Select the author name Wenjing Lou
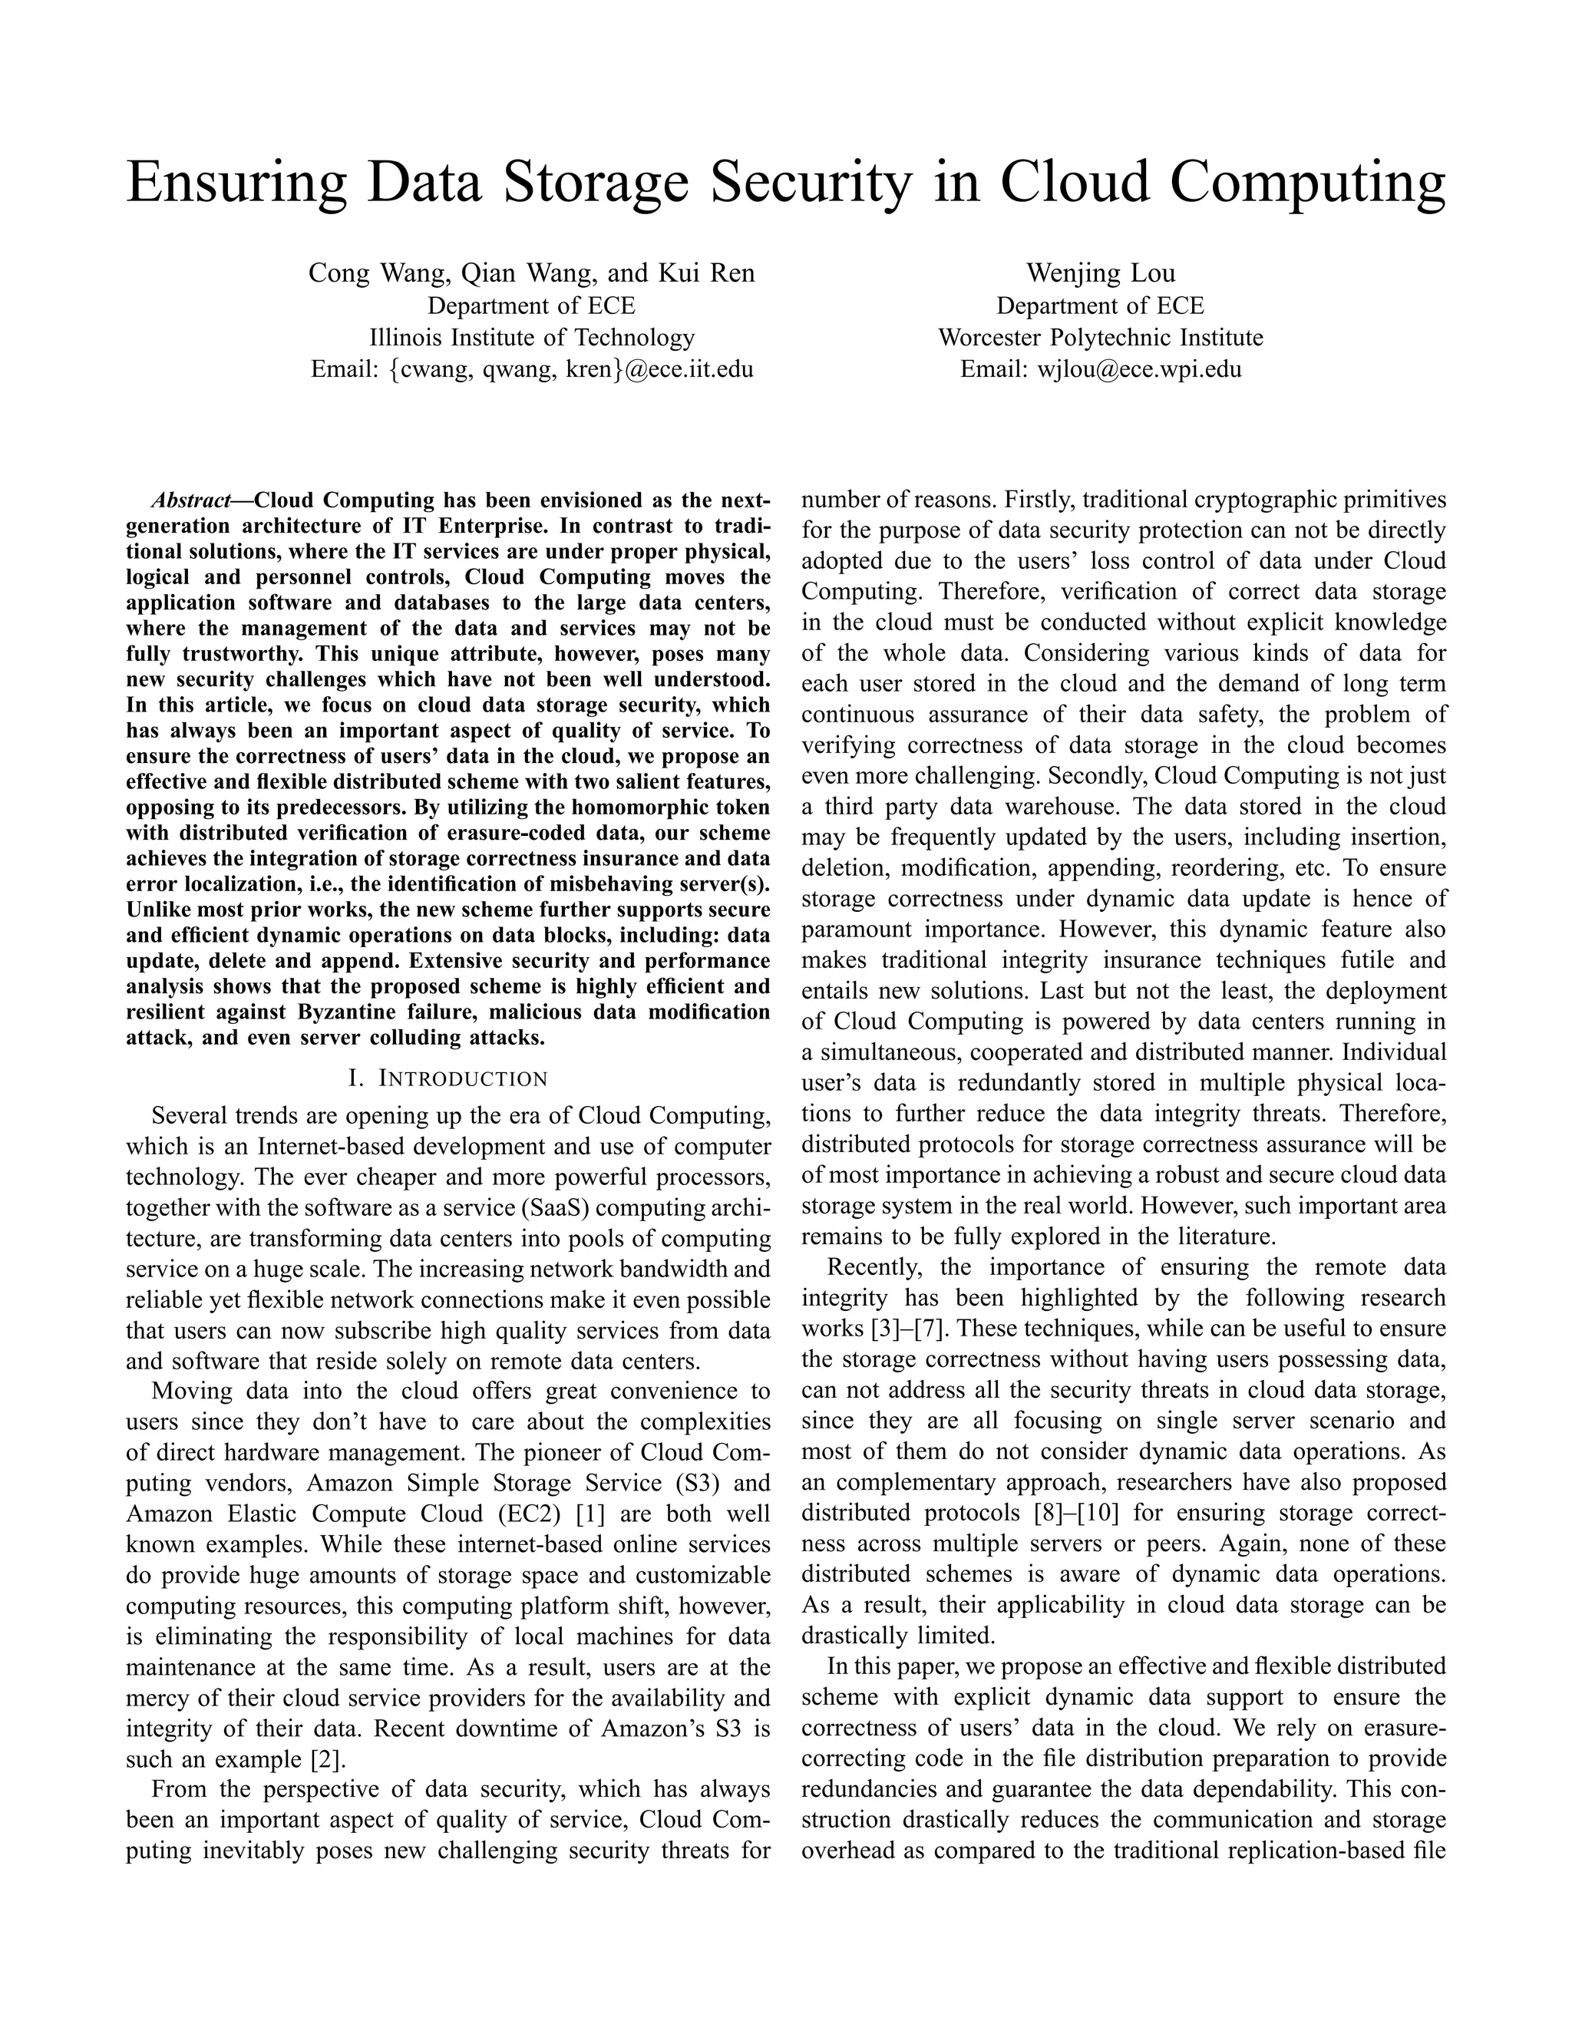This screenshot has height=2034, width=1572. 1100,273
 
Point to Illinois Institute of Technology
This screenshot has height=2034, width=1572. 532,337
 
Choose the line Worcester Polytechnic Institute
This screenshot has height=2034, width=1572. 1100,337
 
